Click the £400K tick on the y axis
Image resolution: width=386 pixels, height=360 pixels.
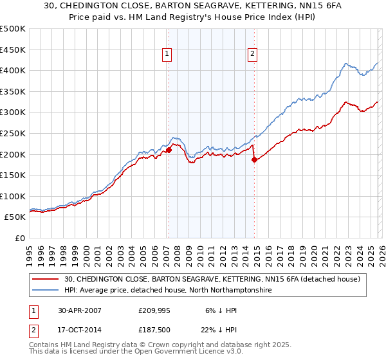pyautogui.click(x=14, y=70)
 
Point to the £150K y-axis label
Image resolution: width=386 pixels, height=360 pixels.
pyautogui.click(x=14, y=175)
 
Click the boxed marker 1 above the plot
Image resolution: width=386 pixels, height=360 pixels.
pyautogui.click(x=167, y=55)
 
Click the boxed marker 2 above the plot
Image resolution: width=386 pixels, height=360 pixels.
pyautogui.click(x=253, y=55)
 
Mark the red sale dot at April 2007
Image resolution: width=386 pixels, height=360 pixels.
pyautogui.click(x=169, y=150)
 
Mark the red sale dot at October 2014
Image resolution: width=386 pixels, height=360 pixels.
pyautogui.click(x=254, y=159)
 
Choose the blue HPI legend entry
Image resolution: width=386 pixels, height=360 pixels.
pyautogui.click(x=167, y=291)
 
